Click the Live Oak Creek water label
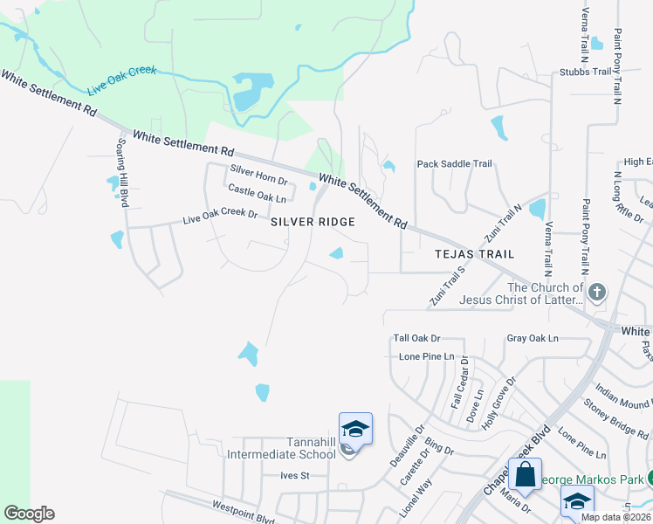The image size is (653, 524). point(121,80)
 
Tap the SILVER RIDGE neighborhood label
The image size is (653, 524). point(313,223)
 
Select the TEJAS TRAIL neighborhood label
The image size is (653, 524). point(475,254)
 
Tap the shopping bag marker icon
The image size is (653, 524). point(525,476)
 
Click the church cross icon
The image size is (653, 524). point(597,293)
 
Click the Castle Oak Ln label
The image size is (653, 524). point(257,194)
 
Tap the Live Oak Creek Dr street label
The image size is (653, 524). point(220,216)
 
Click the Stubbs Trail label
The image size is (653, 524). point(587,73)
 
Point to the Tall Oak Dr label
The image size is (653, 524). point(416,338)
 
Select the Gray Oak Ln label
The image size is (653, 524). point(532,338)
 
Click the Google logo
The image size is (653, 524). point(29,514)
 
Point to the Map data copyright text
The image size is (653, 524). point(615,517)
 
